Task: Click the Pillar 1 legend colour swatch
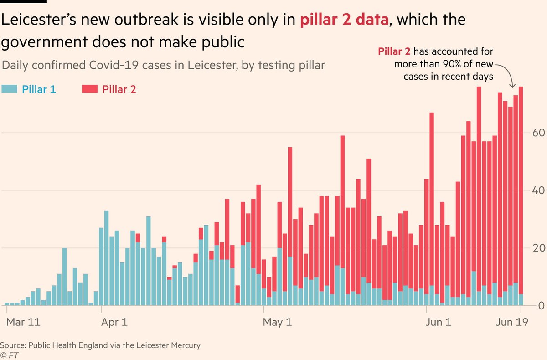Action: tap(10, 89)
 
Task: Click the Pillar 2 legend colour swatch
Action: tap(90, 89)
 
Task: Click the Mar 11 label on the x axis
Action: tap(23, 322)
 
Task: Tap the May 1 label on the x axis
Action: tap(278, 322)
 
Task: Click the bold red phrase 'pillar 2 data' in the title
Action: tap(345, 21)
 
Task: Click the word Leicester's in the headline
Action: tap(41, 21)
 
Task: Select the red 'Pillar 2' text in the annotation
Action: tap(394, 51)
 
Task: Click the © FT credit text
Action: tap(10, 354)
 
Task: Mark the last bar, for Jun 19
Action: tap(521, 196)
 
